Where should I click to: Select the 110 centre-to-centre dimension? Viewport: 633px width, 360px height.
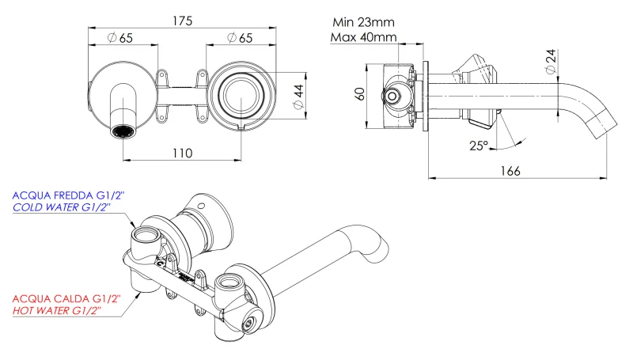pyautogui.click(x=181, y=153)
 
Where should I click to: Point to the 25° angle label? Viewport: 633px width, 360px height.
pyautogui.click(x=478, y=146)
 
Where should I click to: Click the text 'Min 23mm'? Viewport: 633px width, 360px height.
pyautogui.click(x=363, y=22)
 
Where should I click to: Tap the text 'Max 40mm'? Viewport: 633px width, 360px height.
pyautogui.click(x=363, y=37)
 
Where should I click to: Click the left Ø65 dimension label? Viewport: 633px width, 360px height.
pyautogui.click(x=120, y=38)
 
